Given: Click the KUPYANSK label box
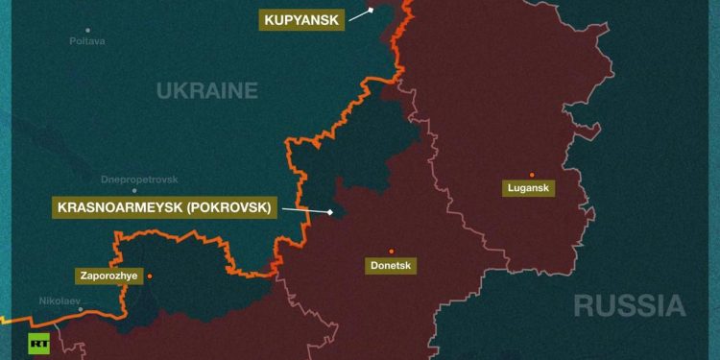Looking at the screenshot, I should (300, 19).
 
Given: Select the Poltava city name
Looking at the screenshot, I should (87, 41).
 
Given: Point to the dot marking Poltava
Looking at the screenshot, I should (88, 30).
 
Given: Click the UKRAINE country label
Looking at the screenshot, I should (207, 91).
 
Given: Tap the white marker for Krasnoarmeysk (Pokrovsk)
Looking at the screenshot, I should (329, 212).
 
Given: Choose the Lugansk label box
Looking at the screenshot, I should (529, 188).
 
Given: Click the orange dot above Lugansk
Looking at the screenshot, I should (532, 175).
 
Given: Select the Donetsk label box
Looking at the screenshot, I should (391, 265).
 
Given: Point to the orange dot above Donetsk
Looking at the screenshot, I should (391, 251).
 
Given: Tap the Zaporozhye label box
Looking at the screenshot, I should (107, 276).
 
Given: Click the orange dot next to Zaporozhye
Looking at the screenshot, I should (149, 276).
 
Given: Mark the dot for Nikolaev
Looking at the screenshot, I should (81, 309).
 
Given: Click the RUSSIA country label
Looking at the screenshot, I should (629, 306).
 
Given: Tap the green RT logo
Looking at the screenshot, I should (39, 343).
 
